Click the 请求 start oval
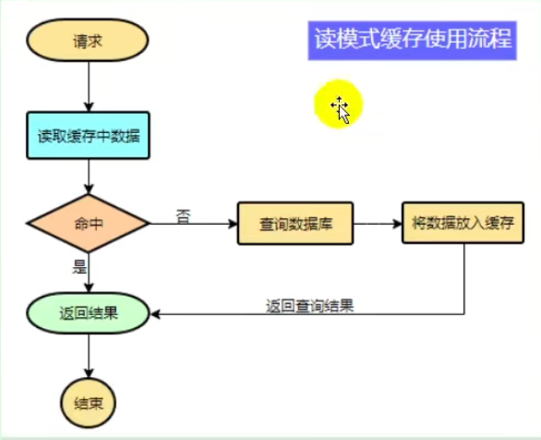pyautogui.click(x=88, y=41)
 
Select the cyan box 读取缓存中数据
pyautogui.click(x=88, y=135)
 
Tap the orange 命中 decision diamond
pyautogui.click(x=89, y=224)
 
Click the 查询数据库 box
pyautogui.click(x=295, y=224)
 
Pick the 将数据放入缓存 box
pyautogui.click(x=463, y=223)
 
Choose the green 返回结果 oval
pyautogui.click(x=88, y=313)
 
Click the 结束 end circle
pyautogui.click(x=89, y=403)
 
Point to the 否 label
pyautogui.click(x=183, y=216)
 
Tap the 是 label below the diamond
pyautogui.click(x=79, y=266)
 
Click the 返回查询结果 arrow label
pyautogui.click(x=309, y=306)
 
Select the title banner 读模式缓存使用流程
pyautogui.click(x=413, y=41)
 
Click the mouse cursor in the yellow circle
pyautogui.click(x=343, y=111)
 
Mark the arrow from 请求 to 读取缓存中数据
pyautogui.click(x=89, y=86)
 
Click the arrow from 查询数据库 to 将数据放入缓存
pyautogui.click(x=379, y=224)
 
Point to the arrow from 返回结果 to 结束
pyautogui.click(x=89, y=356)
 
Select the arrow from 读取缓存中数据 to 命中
pyautogui.click(x=89, y=177)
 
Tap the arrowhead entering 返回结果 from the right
pyautogui.click(x=155, y=314)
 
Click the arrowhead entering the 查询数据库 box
pyautogui.click(x=234, y=224)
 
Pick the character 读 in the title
pyautogui.click(x=325, y=39)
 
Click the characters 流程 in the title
pyautogui.click(x=489, y=39)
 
